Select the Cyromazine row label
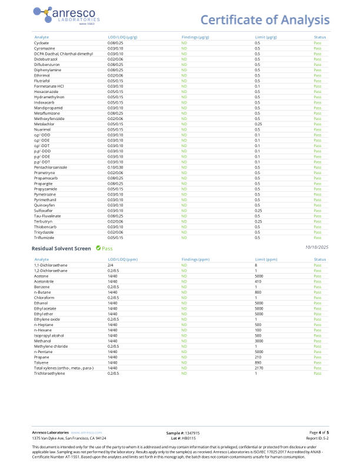[x=45, y=48]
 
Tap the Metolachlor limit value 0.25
[x=258, y=124]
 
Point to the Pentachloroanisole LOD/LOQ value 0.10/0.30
[x=115, y=167]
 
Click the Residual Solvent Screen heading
[x=61, y=248]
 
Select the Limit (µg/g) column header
[x=265, y=36]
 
